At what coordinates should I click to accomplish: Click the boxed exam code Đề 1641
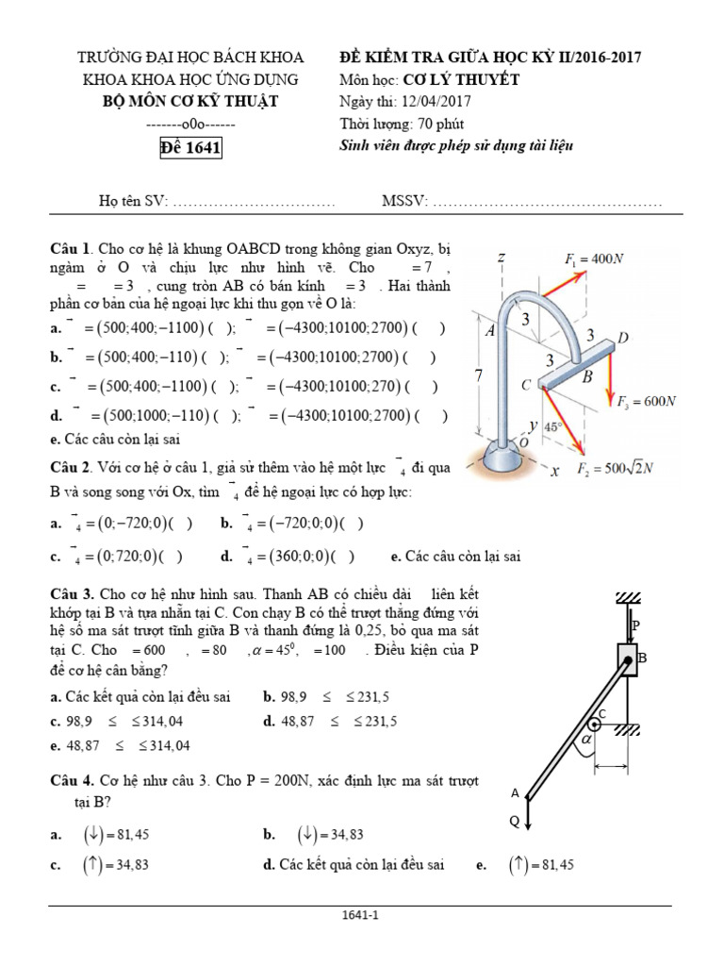[190, 147]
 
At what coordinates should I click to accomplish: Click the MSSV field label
[404, 202]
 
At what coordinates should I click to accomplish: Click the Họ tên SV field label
[133, 202]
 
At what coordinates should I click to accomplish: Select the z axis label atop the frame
[503, 258]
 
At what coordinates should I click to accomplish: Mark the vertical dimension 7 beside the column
[479, 375]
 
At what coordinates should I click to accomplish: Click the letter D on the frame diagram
[623, 338]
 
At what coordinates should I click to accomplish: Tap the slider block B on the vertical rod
[629, 658]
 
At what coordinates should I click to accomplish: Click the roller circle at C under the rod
[596, 724]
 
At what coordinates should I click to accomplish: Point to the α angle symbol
[588, 742]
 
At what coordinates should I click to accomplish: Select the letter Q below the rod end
[514, 821]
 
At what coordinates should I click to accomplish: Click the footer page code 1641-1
[362, 914]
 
